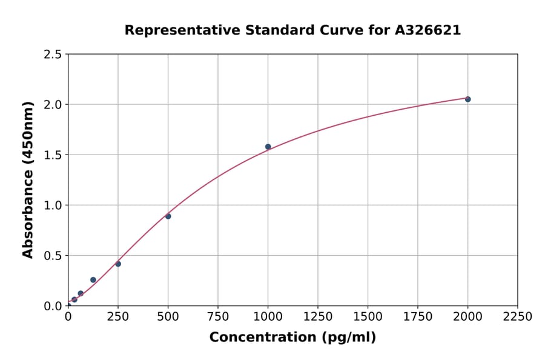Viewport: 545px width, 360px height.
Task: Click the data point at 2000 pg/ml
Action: tap(467, 99)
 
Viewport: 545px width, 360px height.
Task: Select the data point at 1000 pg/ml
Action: tap(268, 147)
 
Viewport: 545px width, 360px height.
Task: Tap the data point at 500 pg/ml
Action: tap(168, 216)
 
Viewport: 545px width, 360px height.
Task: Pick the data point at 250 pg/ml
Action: tap(118, 264)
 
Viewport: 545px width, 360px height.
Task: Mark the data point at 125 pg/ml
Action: tap(93, 280)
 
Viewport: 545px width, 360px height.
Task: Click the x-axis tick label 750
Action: tap(218, 317)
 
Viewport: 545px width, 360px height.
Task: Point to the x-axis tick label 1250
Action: tap(318, 317)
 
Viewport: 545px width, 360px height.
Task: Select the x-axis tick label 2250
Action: tap(518, 317)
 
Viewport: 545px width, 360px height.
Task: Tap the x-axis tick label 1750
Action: tap(418, 317)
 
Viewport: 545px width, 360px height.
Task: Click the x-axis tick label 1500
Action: tap(368, 317)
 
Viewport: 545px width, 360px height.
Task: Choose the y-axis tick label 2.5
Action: tap(53, 55)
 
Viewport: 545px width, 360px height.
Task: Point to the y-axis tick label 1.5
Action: tap(53, 155)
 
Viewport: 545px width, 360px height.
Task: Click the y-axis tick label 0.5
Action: tap(53, 256)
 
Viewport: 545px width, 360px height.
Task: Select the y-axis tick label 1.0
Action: tap(53, 205)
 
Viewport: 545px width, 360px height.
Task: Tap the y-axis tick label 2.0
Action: tap(53, 105)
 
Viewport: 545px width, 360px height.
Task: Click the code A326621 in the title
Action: tap(428, 30)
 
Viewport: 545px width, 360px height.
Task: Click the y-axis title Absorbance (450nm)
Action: tap(28, 180)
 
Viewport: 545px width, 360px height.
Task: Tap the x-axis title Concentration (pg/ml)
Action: tap(292, 338)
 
